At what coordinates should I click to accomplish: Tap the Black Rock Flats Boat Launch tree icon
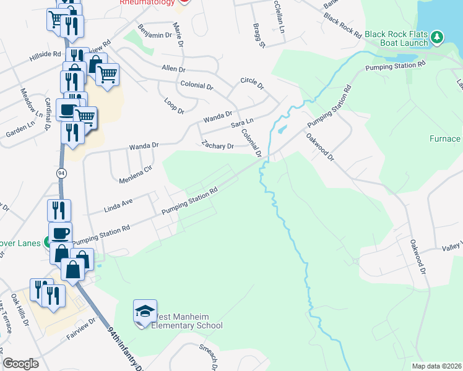pyautogui.click(x=437, y=38)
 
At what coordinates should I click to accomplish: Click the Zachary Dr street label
pyautogui.click(x=217, y=146)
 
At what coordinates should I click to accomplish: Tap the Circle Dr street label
pyautogui.click(x=252, y=82)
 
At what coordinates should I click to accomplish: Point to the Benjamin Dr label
pyautogui.click(x=154, y=32)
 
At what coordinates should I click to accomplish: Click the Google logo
pyautogui.click(x=20, y=364)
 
